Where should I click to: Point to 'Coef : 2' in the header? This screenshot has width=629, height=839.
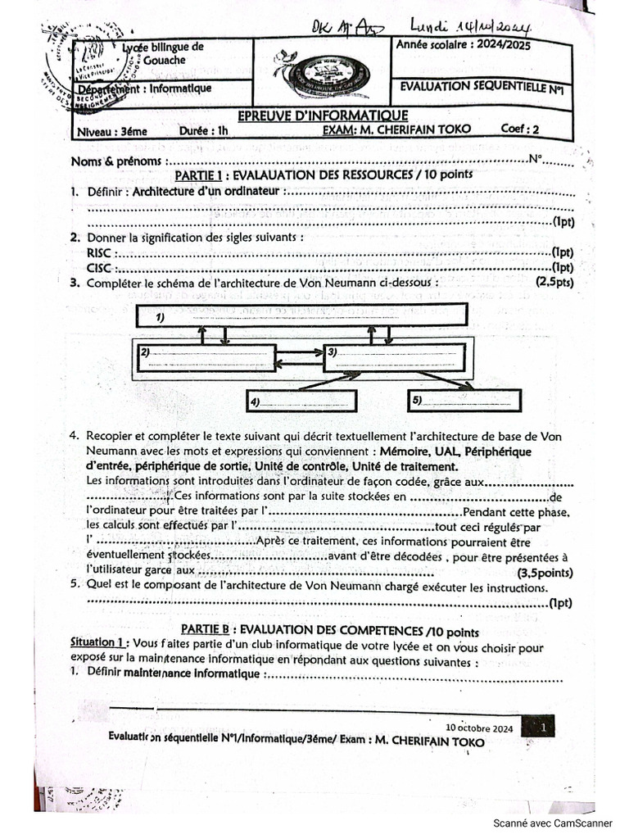click(x=520, y=129)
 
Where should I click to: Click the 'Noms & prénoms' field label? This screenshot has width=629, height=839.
click(x=122, y=161)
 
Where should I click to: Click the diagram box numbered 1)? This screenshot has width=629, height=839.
click(x=300, y=315)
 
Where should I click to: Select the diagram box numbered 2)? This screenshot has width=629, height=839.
click(x=205, y=357)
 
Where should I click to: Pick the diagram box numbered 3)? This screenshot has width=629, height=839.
click(x=394, y=356)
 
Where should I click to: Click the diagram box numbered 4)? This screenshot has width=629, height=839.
click(x=301, y=401)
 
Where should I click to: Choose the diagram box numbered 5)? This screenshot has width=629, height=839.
click(x=464, y=400)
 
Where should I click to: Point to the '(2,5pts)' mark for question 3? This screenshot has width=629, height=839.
click(x=554, y=282)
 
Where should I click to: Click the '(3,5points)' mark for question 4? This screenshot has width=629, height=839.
click(x=545, y=573)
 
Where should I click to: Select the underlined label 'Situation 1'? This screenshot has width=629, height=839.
click(x=97, y=643)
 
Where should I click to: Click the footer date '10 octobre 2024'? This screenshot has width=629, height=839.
click(x=479, y=728)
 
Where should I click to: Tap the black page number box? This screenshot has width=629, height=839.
click(x=544, y=726)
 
